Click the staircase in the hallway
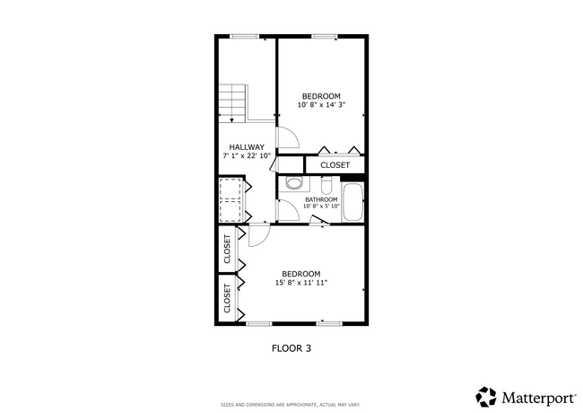click(x=232, y=102)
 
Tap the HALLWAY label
click(x=246, y=147)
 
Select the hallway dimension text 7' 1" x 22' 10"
click(x=247, y=156)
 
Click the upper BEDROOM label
click(x=320, y=96)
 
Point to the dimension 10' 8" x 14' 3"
click(x=320, y=105)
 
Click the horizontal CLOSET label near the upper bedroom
click(x=335, y=165)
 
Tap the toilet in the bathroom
click(x=292, y=185)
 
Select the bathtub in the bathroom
click(x=352, y=203)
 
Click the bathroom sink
click(x=326, y=186)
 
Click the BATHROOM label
click(x=321, y=199)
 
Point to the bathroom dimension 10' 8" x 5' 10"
click(x=321, y=206)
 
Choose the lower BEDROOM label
click(x=300, y=274)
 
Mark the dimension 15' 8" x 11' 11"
click(x=300, y=283)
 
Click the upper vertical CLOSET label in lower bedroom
click(x=227, y=248)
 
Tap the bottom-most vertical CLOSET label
click(x=227, y=297)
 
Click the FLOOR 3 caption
click(x=291, y=347)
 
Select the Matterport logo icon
click(x=485, y=396)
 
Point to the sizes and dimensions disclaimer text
click(x=291, y=404)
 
